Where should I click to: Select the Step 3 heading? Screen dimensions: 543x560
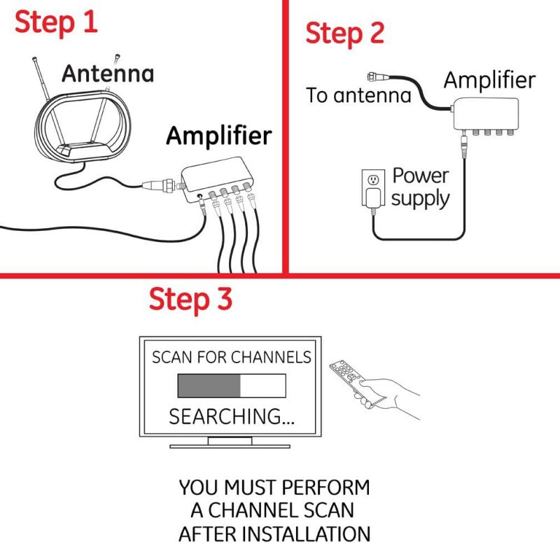190,299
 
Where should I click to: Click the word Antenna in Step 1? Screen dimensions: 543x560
107,73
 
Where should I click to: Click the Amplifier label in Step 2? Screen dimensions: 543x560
489,80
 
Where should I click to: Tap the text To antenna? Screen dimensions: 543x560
358,95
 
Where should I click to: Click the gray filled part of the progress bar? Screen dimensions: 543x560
209,386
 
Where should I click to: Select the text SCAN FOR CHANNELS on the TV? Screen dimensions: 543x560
232,357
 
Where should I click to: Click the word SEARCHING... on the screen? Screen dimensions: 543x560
232,417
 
